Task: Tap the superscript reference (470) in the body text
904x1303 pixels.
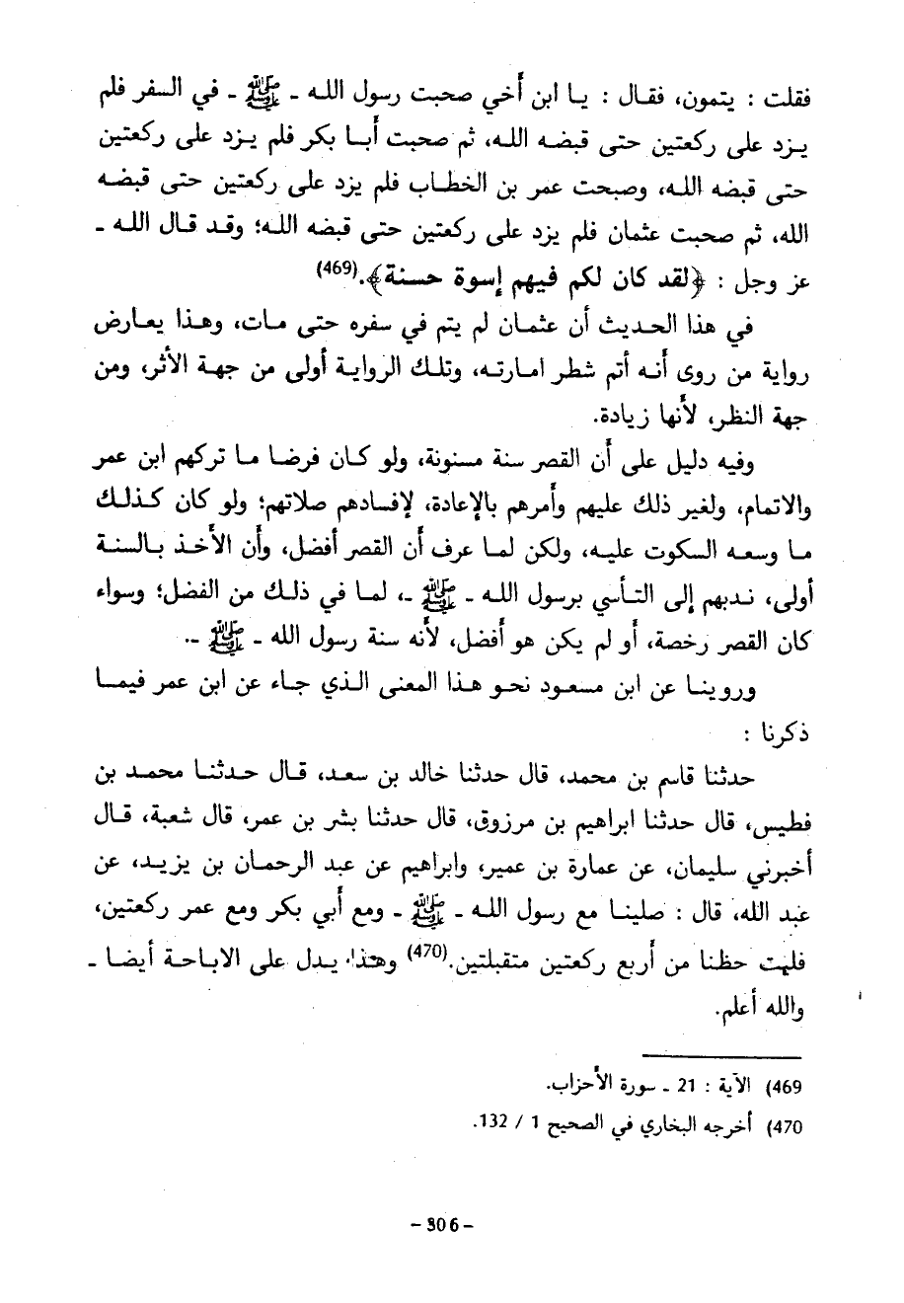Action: pyautogui.click(x=424, y=954)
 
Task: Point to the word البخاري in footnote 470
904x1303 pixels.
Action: pyautogui.click(x=663, y=1123)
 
